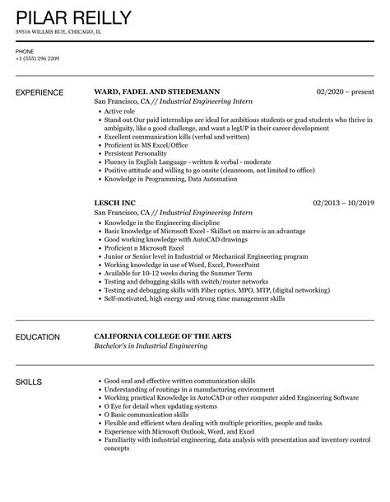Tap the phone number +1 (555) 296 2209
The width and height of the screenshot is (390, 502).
click(x=38, y=59)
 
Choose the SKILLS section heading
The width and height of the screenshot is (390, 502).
click(x=32, y=382)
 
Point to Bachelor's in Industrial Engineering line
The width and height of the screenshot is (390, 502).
click(x=151, y=346)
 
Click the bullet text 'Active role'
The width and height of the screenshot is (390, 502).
click(x=120, y=110)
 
